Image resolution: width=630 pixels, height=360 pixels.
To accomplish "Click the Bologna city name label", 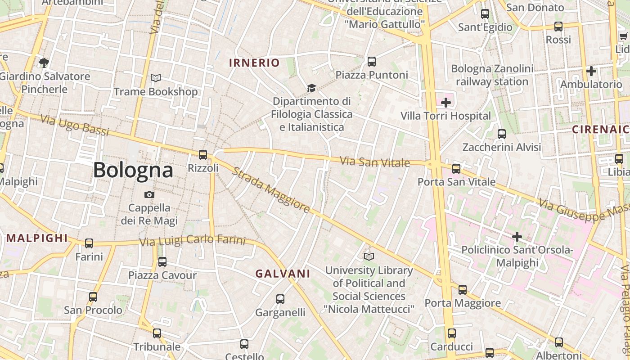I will tap(133, 170).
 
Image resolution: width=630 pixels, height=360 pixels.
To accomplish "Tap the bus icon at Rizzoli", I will tap(203, 155).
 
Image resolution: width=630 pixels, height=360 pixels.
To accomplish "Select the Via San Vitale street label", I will tap(375, 162).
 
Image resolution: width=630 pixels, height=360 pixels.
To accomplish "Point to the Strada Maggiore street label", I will tap(272, 190).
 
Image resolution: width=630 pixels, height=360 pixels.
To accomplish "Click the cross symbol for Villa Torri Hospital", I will tap(445, 103).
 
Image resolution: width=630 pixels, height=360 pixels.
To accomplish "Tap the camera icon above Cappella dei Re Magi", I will tap(149, 194).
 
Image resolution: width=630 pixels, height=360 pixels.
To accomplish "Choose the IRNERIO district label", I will tap(254, 63).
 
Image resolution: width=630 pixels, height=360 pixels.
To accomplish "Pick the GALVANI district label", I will tap(283, 273).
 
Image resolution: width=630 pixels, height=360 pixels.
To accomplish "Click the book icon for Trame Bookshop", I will tap(156, 78).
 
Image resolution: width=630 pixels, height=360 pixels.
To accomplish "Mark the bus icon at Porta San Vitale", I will tap(456, 169).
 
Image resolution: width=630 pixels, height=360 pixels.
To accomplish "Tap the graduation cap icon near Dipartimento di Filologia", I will tap(311, 88).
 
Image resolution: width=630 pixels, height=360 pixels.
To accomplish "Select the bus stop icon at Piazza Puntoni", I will tap(372, 62).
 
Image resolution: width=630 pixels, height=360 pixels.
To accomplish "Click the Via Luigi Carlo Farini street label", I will tap(192, 241).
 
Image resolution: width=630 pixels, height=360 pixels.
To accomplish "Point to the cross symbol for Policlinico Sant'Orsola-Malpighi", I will tap(517, 236).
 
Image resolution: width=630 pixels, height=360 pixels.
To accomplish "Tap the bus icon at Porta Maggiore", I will tap(463, 290).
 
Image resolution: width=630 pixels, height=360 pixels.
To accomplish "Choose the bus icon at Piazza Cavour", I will tap(162, 261).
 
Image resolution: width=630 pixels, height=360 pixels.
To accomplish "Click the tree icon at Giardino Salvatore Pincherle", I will tap(44, 63).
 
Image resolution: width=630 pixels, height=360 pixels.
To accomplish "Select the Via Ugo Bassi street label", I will tap(75, 126).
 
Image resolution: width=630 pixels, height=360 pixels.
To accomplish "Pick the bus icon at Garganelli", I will tap(280, 299).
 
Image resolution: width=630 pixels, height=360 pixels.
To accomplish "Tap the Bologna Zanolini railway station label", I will tap(492, 76).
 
